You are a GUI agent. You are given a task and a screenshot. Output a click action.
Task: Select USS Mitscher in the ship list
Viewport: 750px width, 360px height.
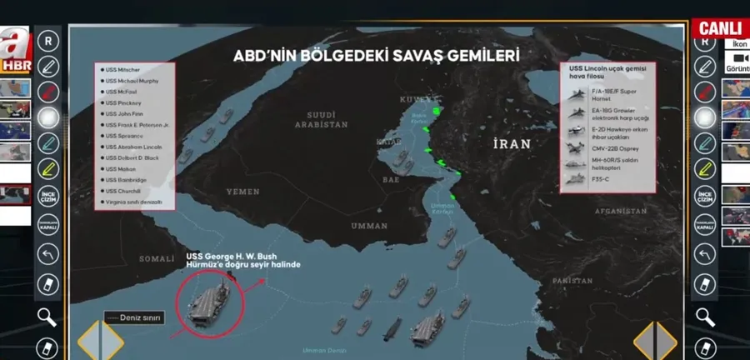[x=122, y=70]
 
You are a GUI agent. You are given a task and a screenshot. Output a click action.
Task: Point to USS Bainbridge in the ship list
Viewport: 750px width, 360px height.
[x=124, y=180]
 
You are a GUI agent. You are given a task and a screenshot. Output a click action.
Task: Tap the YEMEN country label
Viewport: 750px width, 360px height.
[x=243, y=192]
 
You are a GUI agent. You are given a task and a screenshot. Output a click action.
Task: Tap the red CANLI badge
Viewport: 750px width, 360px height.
[x=719, y=27]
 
